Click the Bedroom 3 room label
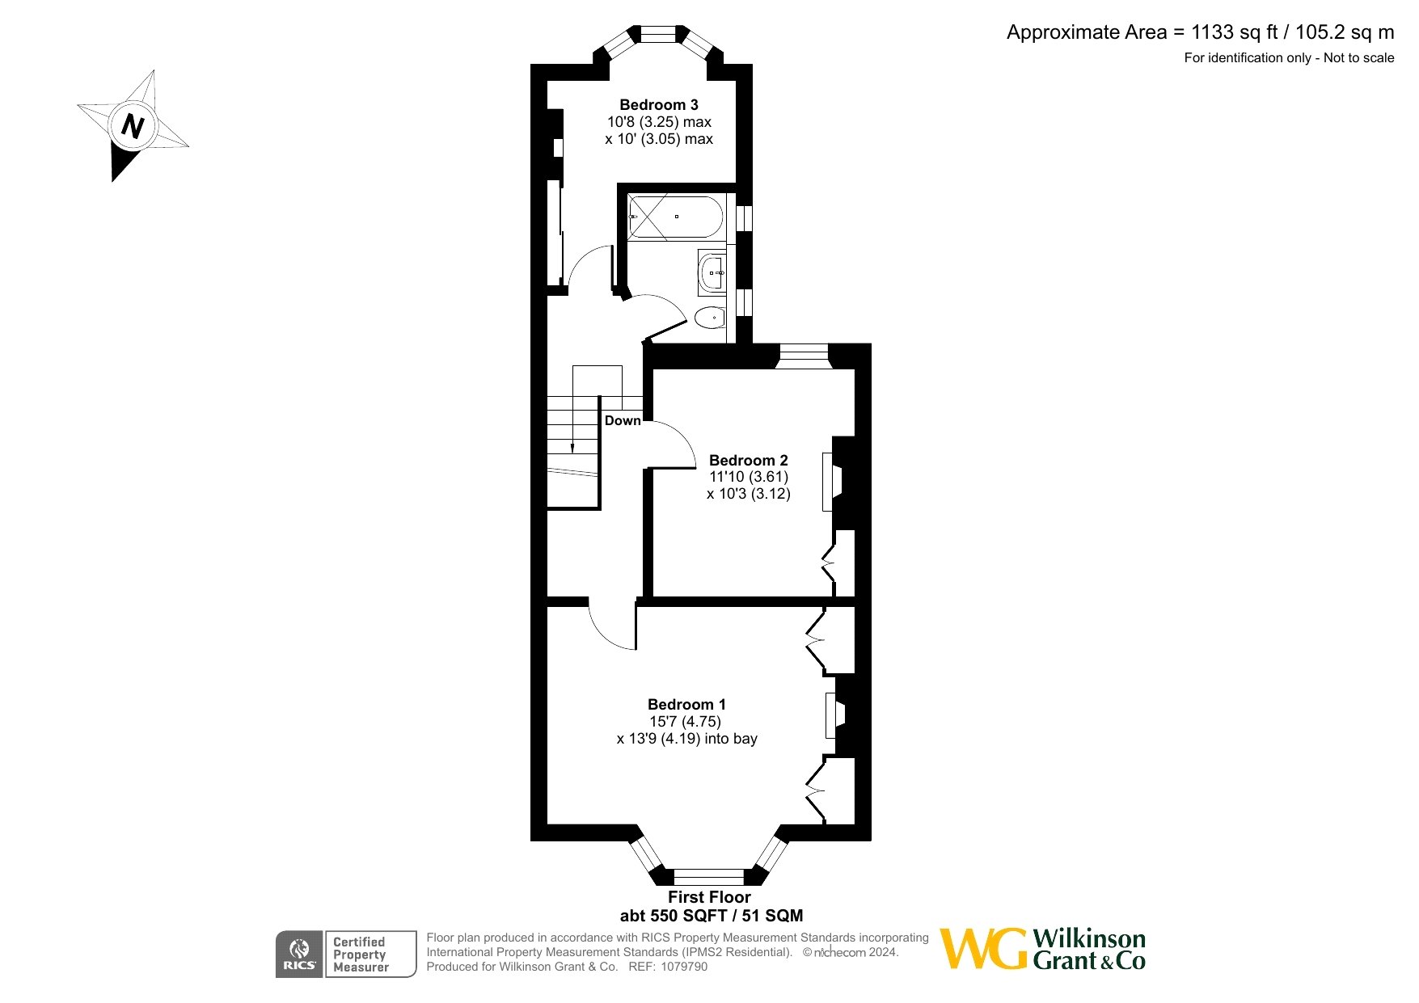tap(659, 105)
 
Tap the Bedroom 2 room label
tap(749, 461)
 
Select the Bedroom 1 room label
tap(687, 705)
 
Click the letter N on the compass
tap(133, 126)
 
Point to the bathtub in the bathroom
tap(675, 217)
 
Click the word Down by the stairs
tap(623, 421)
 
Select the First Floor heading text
tap(709, 897)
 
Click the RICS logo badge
tap(299, 955)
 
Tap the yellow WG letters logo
tap(984, 949)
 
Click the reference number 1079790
tap(684, 967)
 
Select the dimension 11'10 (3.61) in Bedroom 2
tap(749, 477)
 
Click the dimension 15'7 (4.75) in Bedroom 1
tap(685, 722)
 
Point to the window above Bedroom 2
tap(804, 356)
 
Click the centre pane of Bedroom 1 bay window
tap(708, 877)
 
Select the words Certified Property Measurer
tap(361, 955)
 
